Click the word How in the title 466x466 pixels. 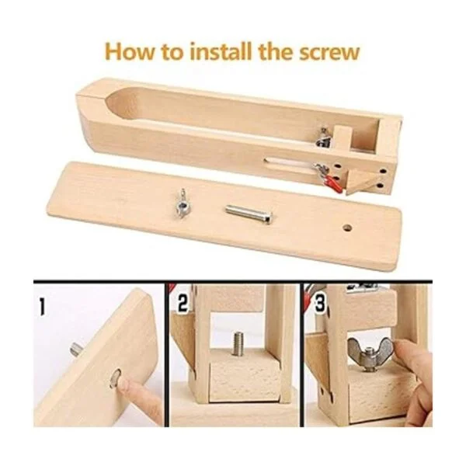pyautogui.click(x=130, y=52)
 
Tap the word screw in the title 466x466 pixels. pyautogui.click(x=329, y=54)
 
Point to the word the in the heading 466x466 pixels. pyautogui.click(x=276, y=51)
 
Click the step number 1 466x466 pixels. pyautogui.click(x=43, y=307)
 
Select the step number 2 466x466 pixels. pyautogui.click(x=183, y=303)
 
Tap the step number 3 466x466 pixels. pyautogui.click(x=319, y=303)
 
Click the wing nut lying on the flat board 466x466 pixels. pyautogui.click(x=181, y=203)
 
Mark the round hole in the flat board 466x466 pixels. pyautogui.click(x=347, y=228)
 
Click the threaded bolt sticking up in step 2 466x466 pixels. pyautogui.click(x=238, y=344)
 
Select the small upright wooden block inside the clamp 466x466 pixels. pyautogui.click(x=342, y=139)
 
